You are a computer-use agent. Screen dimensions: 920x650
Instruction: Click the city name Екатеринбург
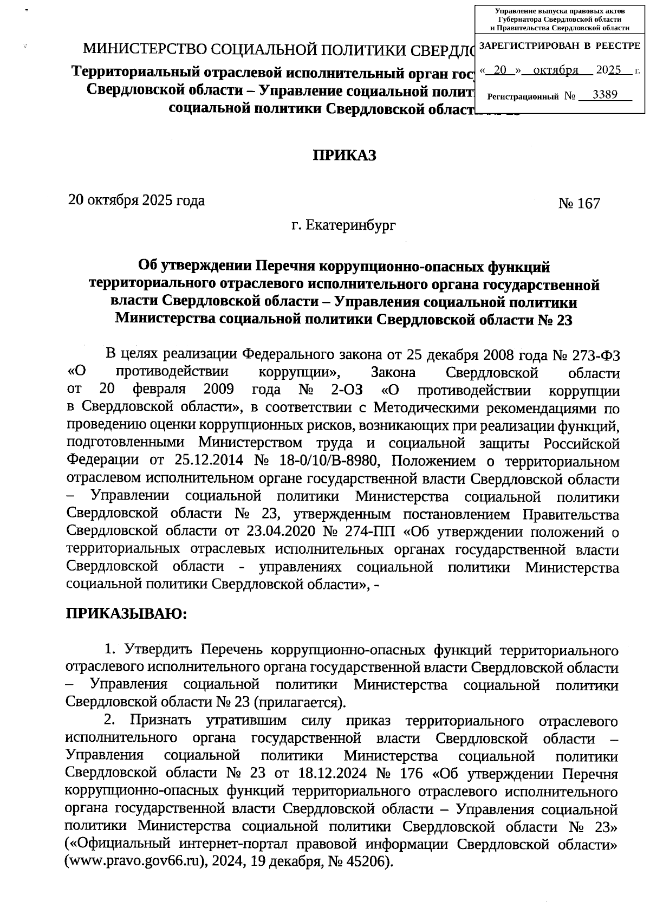pyautogui.click(x=351, y=224)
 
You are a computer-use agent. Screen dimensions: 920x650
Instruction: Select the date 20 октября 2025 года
pyautogui.click(x=136, y=200)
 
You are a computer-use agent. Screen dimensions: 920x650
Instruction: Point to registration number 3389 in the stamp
pyautogui.click(x=605, y=95)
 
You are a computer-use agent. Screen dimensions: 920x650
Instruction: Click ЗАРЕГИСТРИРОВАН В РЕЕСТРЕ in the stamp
pyautogui.click(x=560, y=46)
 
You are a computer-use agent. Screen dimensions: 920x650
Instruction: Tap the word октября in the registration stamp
pyautogui.click(x=555, y=70)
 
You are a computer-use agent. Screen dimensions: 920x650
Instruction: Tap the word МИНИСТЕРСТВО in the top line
pyautogui.click(x=144, y=50)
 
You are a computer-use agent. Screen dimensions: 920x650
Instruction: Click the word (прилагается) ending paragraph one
pyautogui.click(x=300, y=703)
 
